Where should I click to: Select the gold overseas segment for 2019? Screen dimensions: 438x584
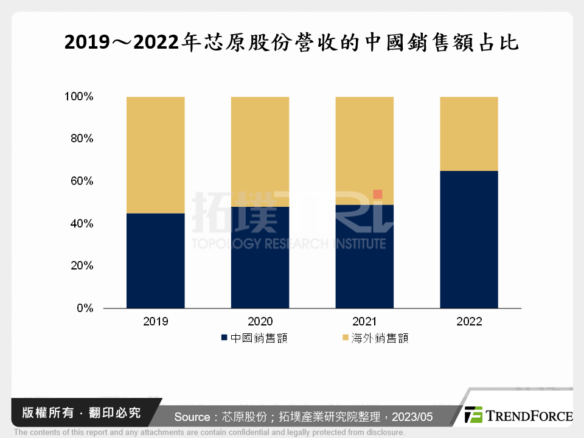click(155, 155)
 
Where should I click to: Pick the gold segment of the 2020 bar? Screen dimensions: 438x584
click(260, 151)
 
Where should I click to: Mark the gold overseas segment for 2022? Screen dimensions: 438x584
click(468, 133)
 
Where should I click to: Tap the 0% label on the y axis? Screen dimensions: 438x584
click(85, 308)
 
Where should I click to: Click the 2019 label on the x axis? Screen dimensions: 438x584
click(155, 322)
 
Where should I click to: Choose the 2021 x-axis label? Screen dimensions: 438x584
click(364, 322)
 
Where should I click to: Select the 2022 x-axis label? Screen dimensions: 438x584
click(468, 322)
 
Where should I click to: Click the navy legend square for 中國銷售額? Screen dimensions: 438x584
click(224, 338)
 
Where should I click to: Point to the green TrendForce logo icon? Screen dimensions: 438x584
click(473, 415)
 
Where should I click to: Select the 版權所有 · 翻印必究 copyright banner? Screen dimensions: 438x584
click(77, 413)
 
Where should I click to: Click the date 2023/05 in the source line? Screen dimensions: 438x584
click(412, 417)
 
